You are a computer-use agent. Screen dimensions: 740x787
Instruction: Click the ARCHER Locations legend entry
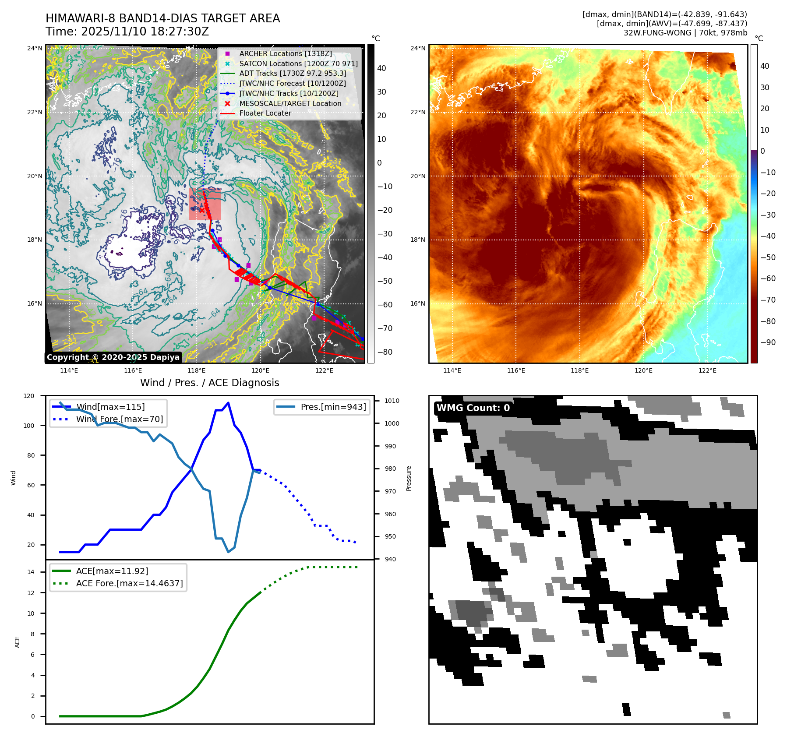(x=285, y=53)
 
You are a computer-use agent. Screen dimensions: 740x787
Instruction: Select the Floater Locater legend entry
(x=265, y=113)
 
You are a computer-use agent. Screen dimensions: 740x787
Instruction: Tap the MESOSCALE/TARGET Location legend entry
(x=290, y=103)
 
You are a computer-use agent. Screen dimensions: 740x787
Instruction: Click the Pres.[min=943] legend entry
(x=333, y=407)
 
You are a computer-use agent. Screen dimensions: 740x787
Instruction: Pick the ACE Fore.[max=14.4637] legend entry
(x=129, y=583)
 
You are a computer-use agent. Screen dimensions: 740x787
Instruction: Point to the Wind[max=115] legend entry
(x=110, y=407)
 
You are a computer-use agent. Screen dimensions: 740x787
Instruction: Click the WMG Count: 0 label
(x=473, y=408)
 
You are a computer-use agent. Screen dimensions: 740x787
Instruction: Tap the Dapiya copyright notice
(x=113, y=357)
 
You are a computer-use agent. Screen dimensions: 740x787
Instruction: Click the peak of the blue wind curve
(x=228, y=403)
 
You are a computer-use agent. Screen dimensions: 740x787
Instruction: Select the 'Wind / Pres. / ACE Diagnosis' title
(x=209, y=383)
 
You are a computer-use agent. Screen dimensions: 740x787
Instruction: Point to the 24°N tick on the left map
(x=35, y=48)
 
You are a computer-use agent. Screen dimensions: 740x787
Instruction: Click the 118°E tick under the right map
(x=579, y=370)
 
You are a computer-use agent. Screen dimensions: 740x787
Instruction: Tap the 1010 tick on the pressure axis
(x=392, y=401)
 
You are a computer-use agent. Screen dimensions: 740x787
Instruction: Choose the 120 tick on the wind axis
(x=29, y=396)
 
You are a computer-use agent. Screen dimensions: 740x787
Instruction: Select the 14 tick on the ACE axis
(x=31, y=572)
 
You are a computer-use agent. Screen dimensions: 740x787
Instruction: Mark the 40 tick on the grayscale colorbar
(x=381, y=68)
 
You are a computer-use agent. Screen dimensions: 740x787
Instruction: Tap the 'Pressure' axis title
(x=409, y=478)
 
